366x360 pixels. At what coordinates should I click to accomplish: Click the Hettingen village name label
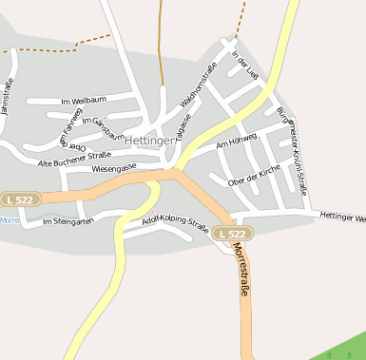pos(150,140)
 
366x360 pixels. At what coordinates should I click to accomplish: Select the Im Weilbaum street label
pos(83,100)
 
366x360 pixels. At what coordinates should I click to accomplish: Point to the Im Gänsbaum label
pos(103,127)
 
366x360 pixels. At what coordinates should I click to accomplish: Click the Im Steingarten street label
pos(68,221)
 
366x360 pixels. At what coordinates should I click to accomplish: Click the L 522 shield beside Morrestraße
pos(232,234)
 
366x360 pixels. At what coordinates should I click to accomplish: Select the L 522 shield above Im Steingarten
pos(20,199)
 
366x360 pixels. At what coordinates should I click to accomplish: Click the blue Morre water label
pos(9,219)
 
